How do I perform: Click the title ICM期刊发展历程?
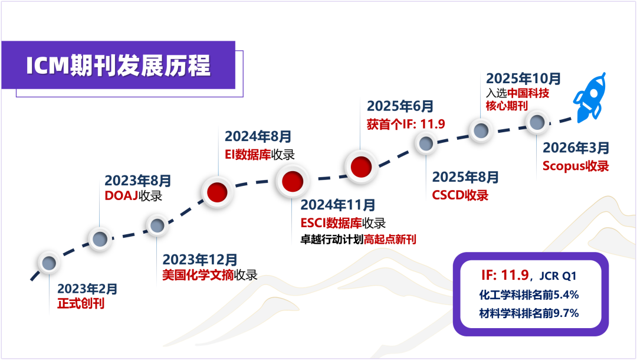click(119, 66)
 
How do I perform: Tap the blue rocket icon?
click(591, 97)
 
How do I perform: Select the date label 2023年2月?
click(87, 289)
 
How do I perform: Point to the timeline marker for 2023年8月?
click(100, 238)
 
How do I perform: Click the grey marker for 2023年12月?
click(157, 225)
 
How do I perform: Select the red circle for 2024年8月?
click(218, 191)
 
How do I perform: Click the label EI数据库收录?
click(260, 155)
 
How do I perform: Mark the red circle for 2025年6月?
click(360, 167)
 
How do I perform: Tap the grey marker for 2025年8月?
click(426, 143)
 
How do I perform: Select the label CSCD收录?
click(460, 195)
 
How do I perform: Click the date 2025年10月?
click(524, 78)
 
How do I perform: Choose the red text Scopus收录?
click(575, 166)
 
